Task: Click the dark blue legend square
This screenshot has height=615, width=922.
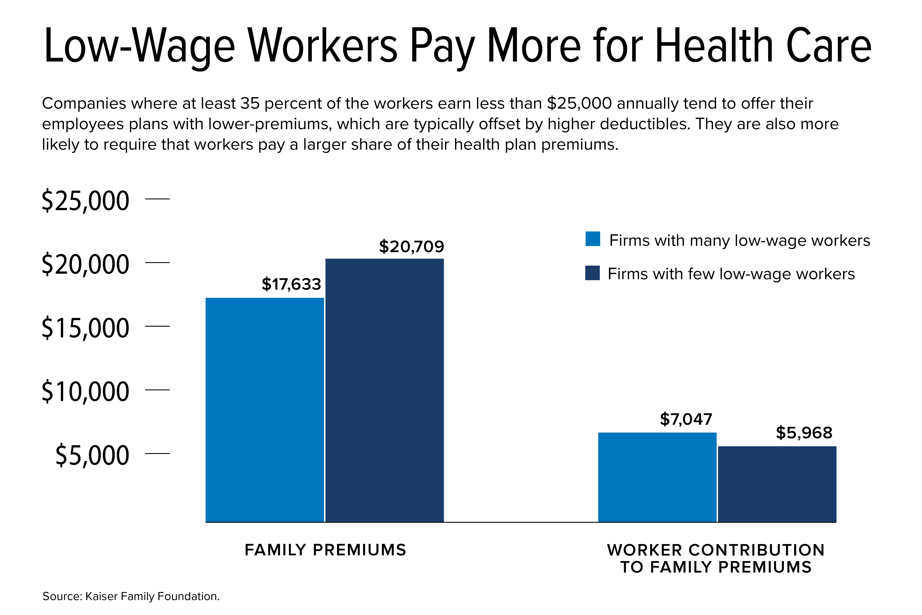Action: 592,273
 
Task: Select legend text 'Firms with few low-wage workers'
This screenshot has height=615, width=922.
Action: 731,274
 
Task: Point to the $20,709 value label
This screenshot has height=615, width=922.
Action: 411,247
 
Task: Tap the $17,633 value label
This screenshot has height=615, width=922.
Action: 291,284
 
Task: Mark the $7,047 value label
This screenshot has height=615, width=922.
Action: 686,419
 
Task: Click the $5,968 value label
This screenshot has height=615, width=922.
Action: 804,433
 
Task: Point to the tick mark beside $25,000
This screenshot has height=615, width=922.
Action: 157,199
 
